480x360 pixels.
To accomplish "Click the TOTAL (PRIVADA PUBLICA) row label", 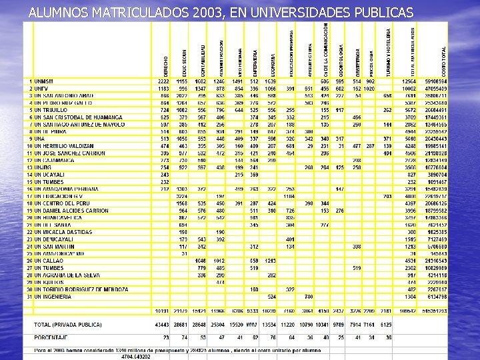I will pos(68,324).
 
